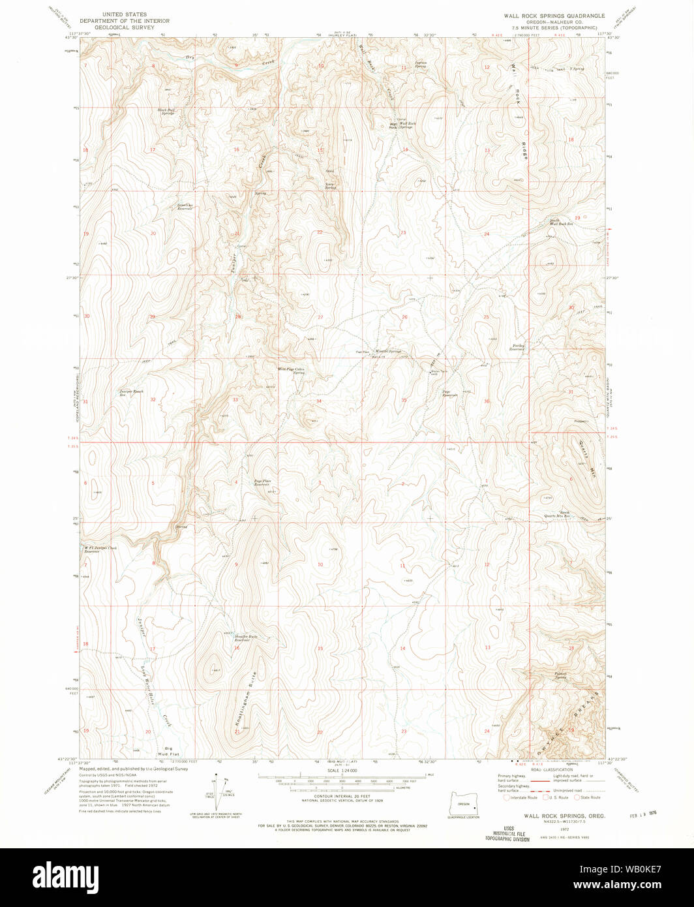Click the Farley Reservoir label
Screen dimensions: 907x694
pos(517,348)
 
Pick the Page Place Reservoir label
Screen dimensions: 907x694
pos(262,484)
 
